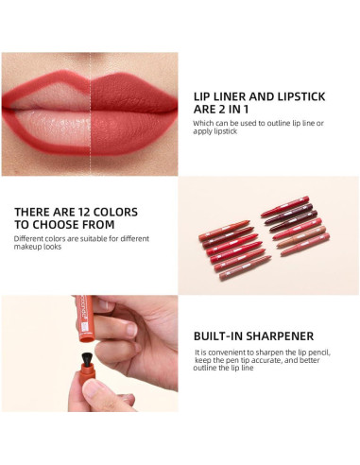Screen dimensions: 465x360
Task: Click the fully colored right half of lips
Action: pyautogui.click(x=132, y=90)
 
